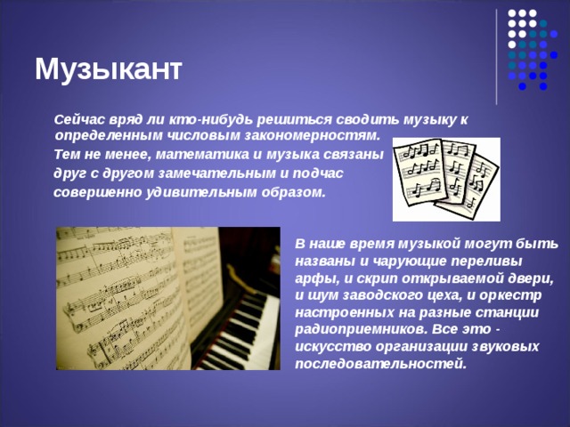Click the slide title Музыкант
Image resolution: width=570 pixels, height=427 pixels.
tap(109, 69)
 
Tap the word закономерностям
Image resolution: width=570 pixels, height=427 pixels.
tap(312, 135)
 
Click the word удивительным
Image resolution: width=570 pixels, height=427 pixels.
tap(201, 192)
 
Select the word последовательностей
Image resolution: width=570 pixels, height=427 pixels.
tap(380, 364)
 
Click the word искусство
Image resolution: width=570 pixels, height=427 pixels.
tap(332, 346)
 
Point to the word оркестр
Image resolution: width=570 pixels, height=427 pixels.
tap(510, 295)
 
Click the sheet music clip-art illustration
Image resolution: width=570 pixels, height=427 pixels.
tap(446, 180)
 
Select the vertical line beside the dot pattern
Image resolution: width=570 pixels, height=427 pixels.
tap(497, 57)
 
